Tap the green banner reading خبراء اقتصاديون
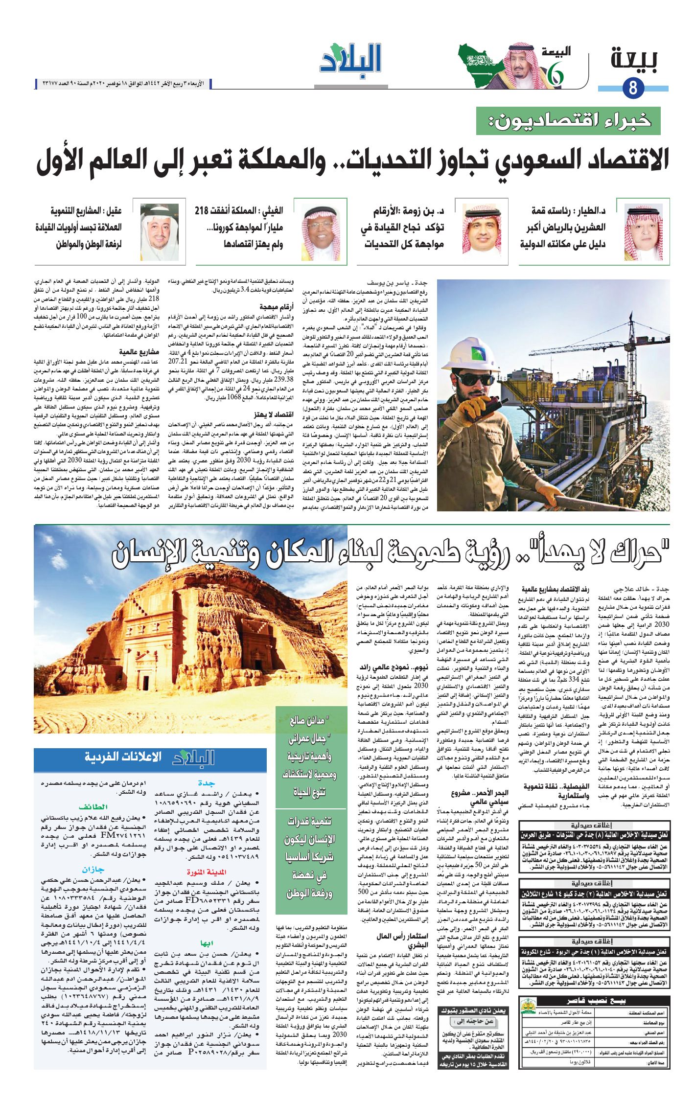pos(568,121)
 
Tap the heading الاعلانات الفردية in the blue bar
pos(123,758)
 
